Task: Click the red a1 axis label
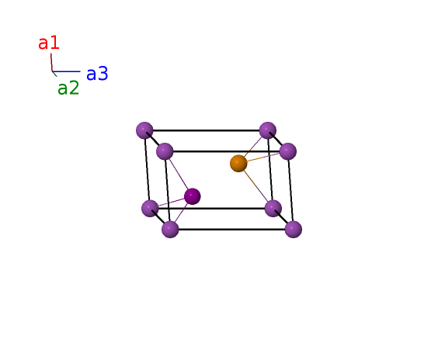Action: [x=49, y=43]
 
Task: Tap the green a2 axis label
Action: [x=68, y=88]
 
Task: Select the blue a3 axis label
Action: [x=97, y=74]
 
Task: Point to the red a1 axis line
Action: [x=51, y=62]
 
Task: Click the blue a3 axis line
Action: [x=66, y=71]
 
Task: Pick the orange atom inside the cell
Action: [x=238, y=164]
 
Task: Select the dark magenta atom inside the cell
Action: [x=192, y=196]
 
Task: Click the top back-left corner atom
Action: [x=144, y=130]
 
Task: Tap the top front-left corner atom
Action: [x=165, y=151]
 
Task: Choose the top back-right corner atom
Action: [x=268, y=130]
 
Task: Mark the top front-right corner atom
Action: [x=287, y=151]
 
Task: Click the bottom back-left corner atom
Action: [x=151, y=209]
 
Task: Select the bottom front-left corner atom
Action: [x=170, y=230]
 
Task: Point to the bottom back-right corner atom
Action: [x=273, y=209]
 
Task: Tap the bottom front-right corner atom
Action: [x=294, y=230]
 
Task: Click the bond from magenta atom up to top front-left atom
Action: [x=179, y=174]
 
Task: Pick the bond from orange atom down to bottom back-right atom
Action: [x=255, y=186]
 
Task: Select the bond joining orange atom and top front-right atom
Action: [x=263, y=157]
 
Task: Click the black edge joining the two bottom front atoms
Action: [x=232, y=230]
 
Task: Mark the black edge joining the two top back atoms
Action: [x=206, y=130]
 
